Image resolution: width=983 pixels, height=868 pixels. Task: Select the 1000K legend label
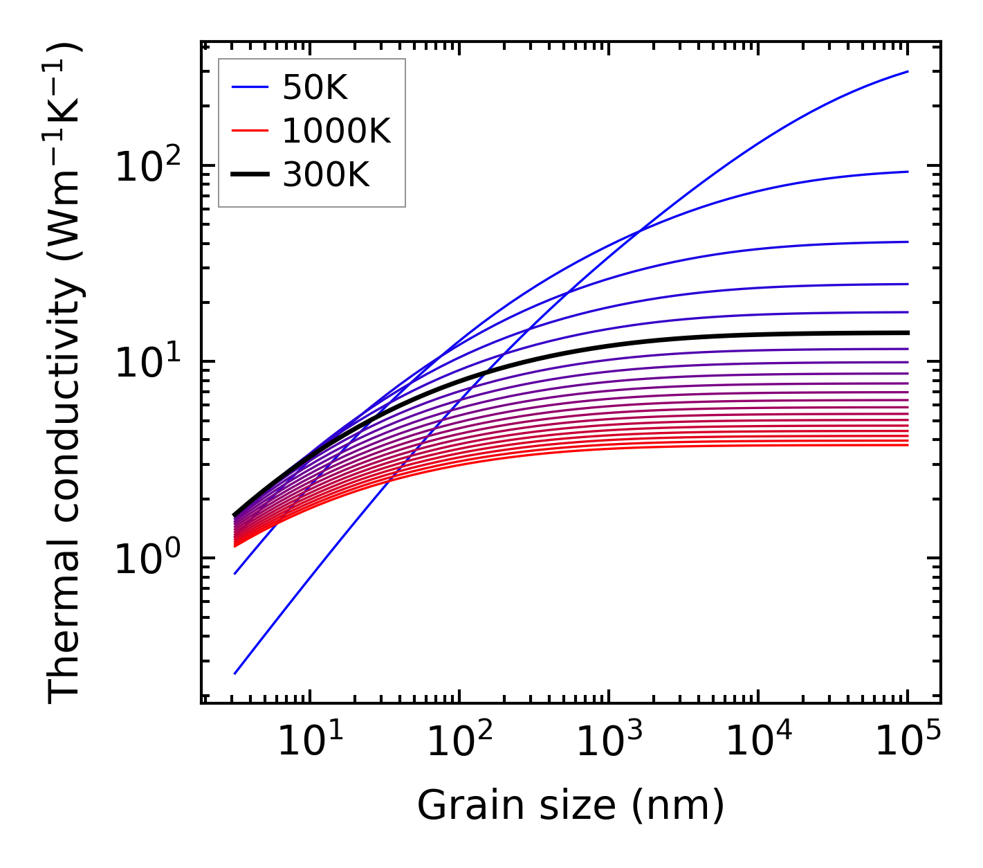coord(336,131)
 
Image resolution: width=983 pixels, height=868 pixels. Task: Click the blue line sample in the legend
coord(249,87)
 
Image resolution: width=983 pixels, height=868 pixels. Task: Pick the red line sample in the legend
coord(249,131)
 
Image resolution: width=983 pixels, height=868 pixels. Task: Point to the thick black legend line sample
coord(249,175)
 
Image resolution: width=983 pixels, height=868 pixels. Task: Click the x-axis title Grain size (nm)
coord(571,806)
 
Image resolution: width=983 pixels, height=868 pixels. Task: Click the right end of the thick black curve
coord(908,333)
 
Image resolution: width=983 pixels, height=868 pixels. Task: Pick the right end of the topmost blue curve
coord(908,71)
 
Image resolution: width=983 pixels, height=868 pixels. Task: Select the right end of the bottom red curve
coord(908,444)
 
